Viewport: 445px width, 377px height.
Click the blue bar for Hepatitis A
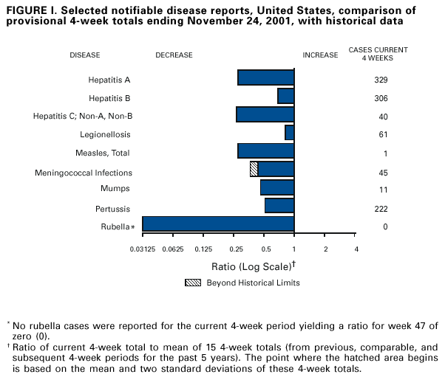tap(265, 77)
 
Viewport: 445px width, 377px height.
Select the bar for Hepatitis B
tap(285, 96)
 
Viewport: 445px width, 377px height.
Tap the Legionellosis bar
tap(289, 133)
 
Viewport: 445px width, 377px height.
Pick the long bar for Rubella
tap(218, 224)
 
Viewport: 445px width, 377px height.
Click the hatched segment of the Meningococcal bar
tap(254, 169)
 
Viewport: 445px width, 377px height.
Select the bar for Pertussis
tap(279, 206)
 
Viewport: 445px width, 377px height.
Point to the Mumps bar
tap(277, 187)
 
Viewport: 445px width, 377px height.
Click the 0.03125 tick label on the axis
tap(142, 248)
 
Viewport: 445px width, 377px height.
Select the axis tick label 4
tap(356, 248)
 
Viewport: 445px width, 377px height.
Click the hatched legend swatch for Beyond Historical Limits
tap(191, 283)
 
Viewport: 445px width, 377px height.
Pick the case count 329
tap(381, 80)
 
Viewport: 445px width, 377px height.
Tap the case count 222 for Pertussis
tap(381, 209)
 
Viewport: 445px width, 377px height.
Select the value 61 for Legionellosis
tap(381, 135)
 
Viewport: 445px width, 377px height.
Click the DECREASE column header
tap(174, 55)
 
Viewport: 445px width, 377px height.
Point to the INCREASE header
tap(319, 55)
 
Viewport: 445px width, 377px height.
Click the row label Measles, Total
tap(103, 153)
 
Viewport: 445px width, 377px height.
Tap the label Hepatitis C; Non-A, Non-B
tap(83, 117)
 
